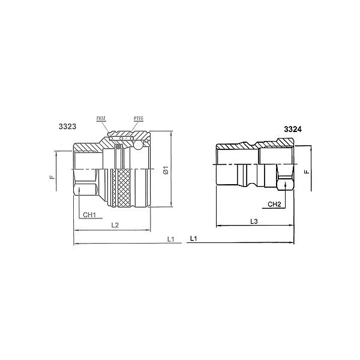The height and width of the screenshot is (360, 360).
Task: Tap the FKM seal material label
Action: coord(101,119)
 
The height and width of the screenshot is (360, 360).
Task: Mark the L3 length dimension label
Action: coord(254,222)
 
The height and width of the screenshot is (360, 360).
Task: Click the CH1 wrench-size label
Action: coord(90,214)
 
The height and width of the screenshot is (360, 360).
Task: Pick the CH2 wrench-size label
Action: coord(275,204)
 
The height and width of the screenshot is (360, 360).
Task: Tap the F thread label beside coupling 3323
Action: coord(52,178)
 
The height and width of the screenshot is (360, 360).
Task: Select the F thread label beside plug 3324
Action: coord(307,172)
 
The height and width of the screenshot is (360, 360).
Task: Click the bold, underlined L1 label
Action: coord(194,238)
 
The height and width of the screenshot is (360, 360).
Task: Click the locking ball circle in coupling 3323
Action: coord(138,145)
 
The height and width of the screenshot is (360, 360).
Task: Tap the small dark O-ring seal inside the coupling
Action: coord(119,147)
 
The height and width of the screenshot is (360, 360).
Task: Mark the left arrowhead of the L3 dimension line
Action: coord(217,226)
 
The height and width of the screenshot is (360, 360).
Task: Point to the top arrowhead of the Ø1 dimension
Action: coord(172,133)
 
